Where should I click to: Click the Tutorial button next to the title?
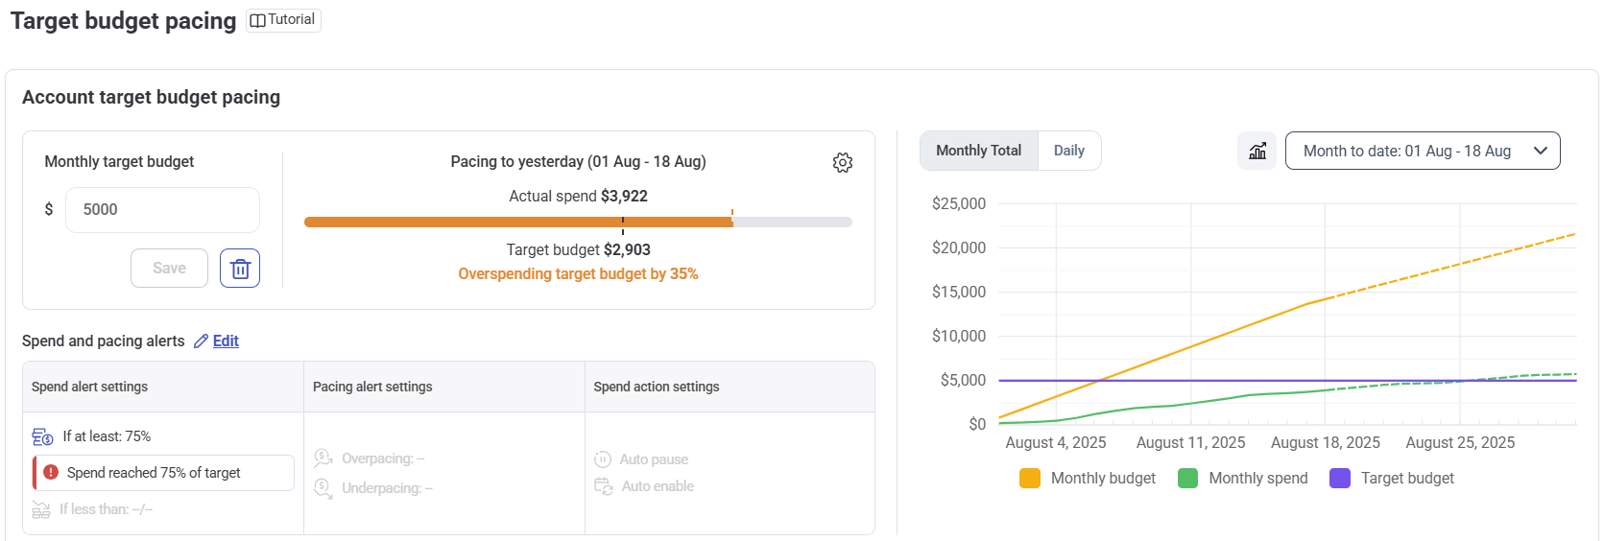283,20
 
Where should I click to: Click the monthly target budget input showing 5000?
162,210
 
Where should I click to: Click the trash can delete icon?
240,269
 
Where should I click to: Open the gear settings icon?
842,163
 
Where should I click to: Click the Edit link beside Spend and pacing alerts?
226,341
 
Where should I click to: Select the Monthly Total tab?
978,152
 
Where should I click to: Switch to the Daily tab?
1068,152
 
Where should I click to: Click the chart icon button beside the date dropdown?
1257,152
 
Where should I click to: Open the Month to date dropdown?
1422,152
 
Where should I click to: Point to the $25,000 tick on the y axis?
958,204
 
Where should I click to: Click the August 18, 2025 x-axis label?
1325,443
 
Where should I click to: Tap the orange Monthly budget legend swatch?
1029,479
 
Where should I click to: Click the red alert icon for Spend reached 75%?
51,473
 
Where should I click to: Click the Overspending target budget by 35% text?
578,274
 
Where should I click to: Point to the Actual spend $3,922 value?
624,197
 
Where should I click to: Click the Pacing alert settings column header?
372,388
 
